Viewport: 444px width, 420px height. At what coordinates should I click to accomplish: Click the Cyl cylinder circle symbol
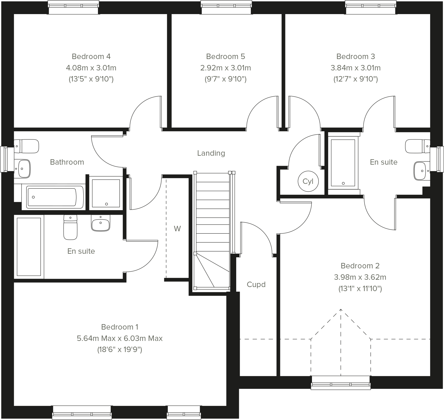point(308,181)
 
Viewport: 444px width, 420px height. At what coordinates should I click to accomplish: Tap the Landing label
point(211,153)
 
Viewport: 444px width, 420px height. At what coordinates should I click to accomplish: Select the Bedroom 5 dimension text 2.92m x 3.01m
point(225,68)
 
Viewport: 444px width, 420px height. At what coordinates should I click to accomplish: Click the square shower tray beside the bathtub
point(106,193)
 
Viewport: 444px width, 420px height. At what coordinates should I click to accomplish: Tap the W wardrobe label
point(177,229)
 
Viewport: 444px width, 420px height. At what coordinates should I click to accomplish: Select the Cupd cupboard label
point(256,285)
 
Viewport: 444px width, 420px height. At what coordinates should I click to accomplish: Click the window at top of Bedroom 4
point(73,7)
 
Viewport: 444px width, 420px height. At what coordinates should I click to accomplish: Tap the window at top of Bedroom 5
point(226,7)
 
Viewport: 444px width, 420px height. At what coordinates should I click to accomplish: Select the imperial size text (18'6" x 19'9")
point(120,350)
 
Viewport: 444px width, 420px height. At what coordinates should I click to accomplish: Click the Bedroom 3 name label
point(356,56)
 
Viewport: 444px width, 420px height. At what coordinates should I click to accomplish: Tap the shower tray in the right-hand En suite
point(343,163)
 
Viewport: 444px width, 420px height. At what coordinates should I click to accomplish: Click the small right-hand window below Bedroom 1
point(184,412)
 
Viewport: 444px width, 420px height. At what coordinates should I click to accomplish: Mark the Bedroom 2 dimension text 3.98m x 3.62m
point(360,277)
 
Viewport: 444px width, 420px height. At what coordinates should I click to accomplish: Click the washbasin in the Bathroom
point(23,168)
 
